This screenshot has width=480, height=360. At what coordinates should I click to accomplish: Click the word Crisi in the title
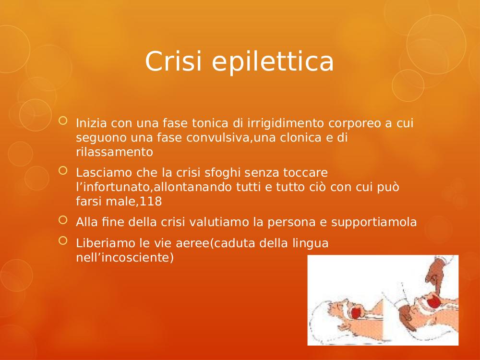pyautogui.click(x=173, y=61)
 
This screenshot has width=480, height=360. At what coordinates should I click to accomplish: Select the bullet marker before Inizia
pyautogui.click(x=63, y=120)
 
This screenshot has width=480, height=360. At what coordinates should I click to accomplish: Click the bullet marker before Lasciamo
pyautogui.click(x=63, y=170)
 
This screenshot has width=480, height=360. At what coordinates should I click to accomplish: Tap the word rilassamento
pyautogui.click(x=115, y=152)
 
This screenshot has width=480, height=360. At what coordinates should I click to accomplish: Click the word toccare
pyautogui.click(x=305, y=173)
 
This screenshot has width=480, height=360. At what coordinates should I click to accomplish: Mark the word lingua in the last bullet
pyautogui.click(x=311, y=244)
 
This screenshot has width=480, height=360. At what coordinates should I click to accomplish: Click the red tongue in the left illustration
pyautogui.click(x=356, y=313)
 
